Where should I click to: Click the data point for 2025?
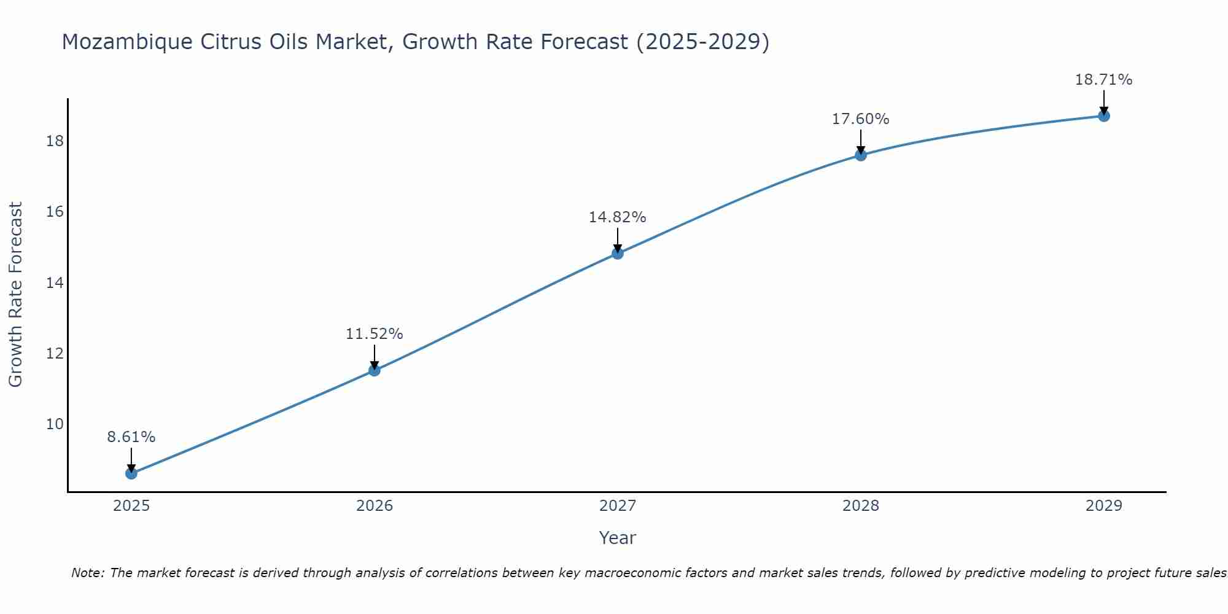pos(131,473)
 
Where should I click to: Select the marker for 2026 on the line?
pos(375,370)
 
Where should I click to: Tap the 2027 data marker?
pos(618,253)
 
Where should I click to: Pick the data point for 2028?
pos(861,155)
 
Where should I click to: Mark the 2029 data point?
pos(1104,115)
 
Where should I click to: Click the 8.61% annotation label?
pos(131,437)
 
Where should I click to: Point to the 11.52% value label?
pos(375,334)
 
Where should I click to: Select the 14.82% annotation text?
pos(618,217)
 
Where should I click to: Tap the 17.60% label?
pos(861,119)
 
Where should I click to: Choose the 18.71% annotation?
pos(1104,80)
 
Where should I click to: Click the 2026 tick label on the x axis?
pos(375,506)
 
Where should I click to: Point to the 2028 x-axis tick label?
pos(861,506)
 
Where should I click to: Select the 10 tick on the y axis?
pos(55,424)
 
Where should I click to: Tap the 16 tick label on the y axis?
pos(55,212)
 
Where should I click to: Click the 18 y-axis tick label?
pos(55,141)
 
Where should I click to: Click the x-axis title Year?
pos(618,538)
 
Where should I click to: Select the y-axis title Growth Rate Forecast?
pos(15,295)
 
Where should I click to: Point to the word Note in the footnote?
pos(88,573)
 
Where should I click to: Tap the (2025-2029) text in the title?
pos(702,42)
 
